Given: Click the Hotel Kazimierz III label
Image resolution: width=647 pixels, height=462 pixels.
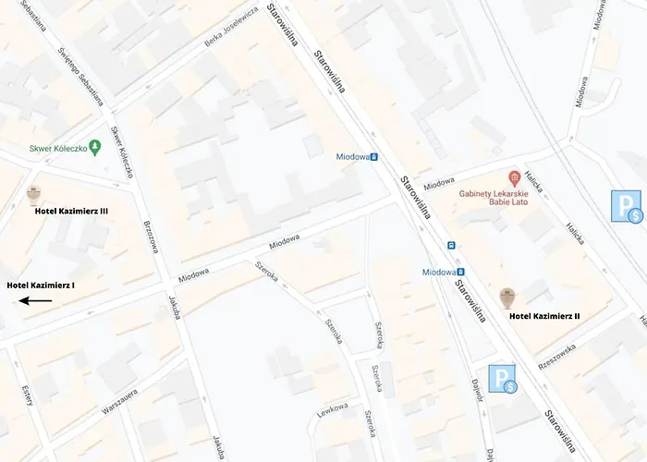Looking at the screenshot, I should pyautogui.click(x=71, y=212).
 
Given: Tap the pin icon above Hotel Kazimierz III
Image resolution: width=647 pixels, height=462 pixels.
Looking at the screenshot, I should pyautogui.click(x=34, y=193).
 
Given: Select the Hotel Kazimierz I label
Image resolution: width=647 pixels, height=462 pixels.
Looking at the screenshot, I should pyautogui.click(x=41, y=286).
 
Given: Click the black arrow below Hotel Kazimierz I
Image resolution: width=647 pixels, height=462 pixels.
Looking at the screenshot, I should pyautogui.click(x=37, y=300).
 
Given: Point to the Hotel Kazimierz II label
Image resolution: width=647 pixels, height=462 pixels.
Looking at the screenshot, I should pyautogui.click(x=544, y=316).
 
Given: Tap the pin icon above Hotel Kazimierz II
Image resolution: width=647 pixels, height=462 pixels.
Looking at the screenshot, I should pyautogui.click(x=507, y=297).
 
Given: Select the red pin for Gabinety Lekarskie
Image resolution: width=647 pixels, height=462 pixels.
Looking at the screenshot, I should pyautogui.click(x=515, y=176).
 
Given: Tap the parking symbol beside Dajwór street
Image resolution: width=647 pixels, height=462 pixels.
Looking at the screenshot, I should pyautogui.click(x=504, y=379).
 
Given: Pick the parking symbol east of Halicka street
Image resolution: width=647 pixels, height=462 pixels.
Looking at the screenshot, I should pyautogui.click(x=625, y=206).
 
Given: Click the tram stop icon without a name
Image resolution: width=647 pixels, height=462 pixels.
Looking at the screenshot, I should pyautogui.click(x=451, y=246).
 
